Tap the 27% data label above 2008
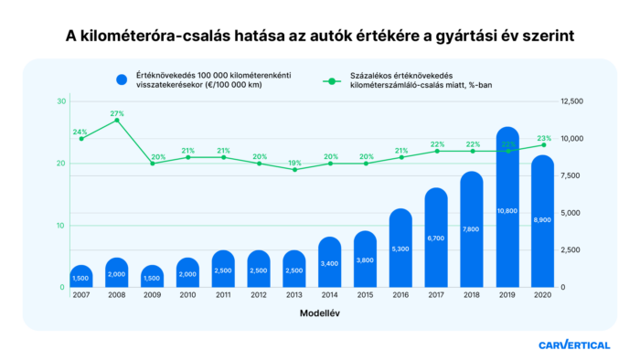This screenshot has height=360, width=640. (x=116, y=113)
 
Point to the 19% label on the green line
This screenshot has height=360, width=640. (x=294, y=163)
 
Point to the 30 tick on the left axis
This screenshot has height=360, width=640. (x=60, y=101)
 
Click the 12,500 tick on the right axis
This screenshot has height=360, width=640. (x=572, y=101)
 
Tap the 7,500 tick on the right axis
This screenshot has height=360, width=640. (x=572, y=175)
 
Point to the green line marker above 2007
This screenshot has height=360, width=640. (x=81, y=139)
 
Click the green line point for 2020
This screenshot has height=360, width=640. (x=544, y=144)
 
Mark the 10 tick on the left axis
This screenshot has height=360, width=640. (x=60, y=226)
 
